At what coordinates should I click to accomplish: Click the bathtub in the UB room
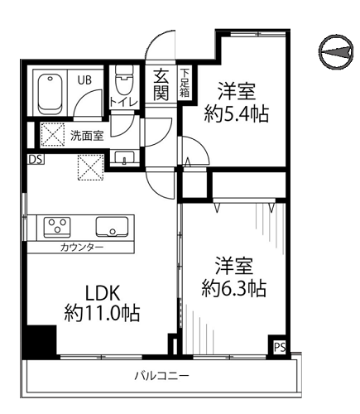coord(50,94)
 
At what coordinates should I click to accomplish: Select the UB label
coord(84,80)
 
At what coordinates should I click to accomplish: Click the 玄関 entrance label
coord(161,84)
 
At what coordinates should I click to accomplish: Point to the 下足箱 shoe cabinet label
coord(185,83)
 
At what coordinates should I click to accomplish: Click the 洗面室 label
coord(87,136)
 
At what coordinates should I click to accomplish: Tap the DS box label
coord(36,160)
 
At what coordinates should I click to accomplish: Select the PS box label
coord(280,347)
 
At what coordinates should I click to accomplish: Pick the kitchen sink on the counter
coord(112,227)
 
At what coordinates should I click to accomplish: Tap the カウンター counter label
coord(82,247)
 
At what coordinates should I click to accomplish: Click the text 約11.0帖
coord(103,313)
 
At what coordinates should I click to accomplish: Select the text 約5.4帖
coord(237,113)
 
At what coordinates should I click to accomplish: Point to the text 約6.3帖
coord(234,288)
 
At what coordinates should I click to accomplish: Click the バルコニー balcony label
coord(161,376)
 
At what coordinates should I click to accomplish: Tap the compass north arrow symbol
coord(336,51)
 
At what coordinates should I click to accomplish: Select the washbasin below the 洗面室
coord(124,157)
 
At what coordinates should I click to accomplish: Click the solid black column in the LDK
coord(40,342)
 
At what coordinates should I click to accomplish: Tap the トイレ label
coord(123,102)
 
